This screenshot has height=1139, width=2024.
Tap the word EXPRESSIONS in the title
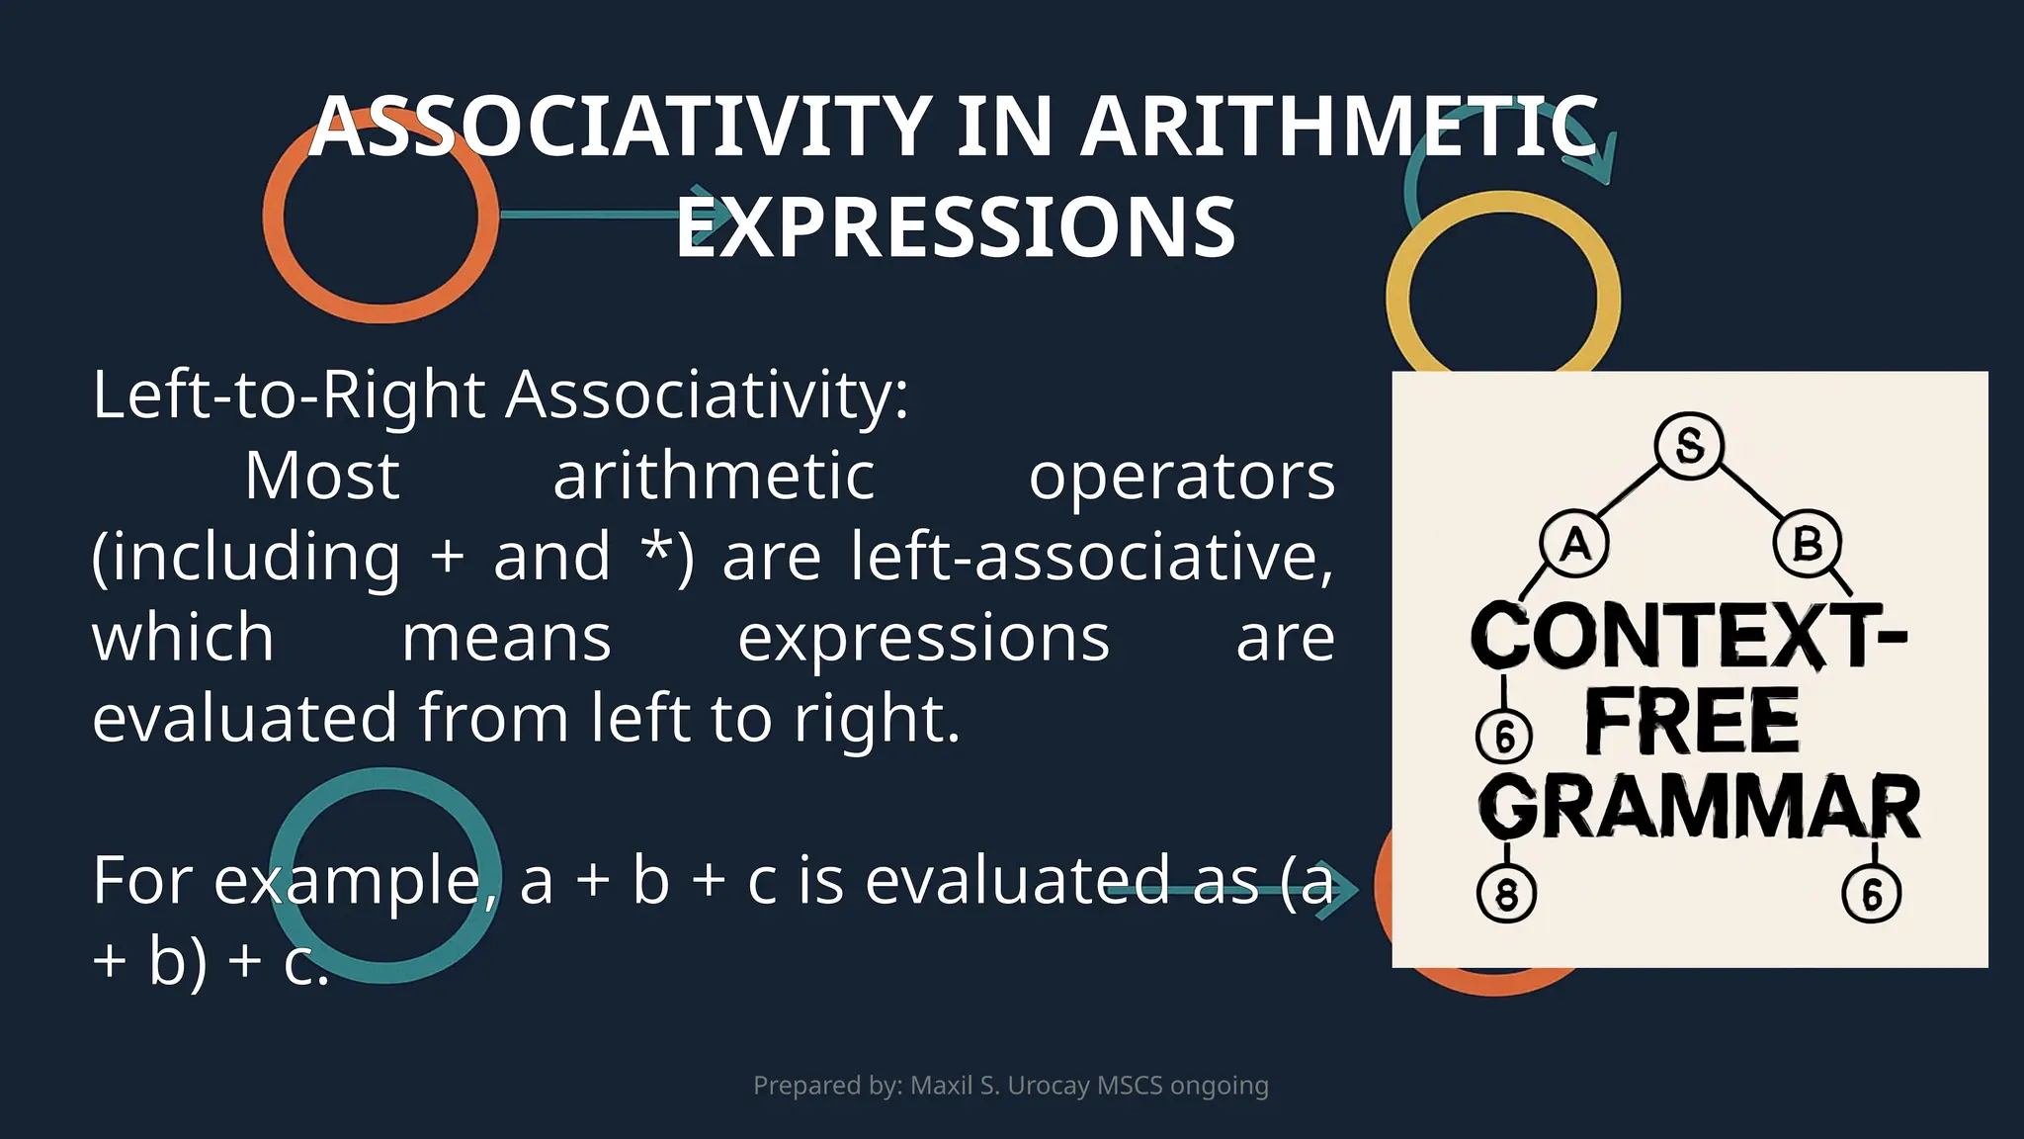[x=956, y=228]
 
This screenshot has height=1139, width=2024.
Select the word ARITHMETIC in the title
[x=1339, y=127]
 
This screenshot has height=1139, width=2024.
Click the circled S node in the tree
[x=1689, y=446]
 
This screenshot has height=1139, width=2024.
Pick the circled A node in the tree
[x=1574, y=544]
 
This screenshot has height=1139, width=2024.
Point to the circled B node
[x=1807, y=544]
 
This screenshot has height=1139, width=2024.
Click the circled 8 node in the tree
[x=1506, y=894]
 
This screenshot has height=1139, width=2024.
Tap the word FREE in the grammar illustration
[x=1692, y=722]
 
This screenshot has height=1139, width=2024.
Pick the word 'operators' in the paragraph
[x=1182, y=477]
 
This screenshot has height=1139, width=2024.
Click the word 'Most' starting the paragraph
[x=322, y=477]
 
